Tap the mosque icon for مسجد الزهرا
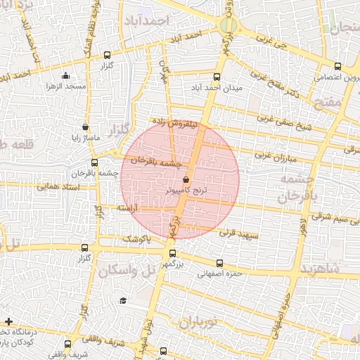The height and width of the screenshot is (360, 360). tap(66, 76)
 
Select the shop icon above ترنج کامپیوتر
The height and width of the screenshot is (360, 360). tap(186, 181)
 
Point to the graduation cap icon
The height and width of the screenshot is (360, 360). tap(124, 300)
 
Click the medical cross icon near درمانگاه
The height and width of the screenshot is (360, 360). tap(8, 321)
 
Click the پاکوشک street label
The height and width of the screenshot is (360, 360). tap(138, 239)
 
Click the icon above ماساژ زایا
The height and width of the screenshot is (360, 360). tap(86, 128)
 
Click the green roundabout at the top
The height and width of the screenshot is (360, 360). tap(227, 26)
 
